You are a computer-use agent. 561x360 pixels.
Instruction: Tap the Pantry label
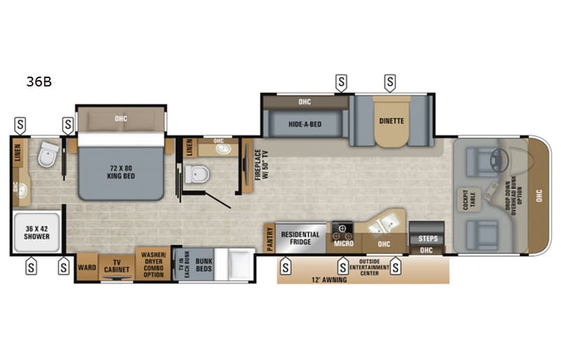(269, 237)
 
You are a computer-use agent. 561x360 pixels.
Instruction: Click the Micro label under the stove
(342, 244)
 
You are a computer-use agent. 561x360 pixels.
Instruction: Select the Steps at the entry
(427, 238)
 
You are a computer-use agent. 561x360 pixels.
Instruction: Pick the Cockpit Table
(469, 198)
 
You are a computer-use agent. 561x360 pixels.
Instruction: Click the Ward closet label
(87, 267)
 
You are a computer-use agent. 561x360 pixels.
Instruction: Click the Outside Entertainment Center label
(375, 267)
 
